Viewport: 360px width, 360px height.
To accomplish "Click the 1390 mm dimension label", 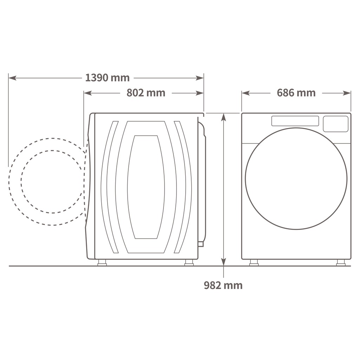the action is pyautogui.click(x=107, y=78).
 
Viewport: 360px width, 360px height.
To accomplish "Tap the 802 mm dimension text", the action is pyautogui.click(x=146, y=93).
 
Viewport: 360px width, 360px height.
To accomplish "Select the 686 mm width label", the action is pyautogui.click(x=296, y=93).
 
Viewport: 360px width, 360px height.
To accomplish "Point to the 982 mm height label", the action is pyautogui.click(x=223, y=285).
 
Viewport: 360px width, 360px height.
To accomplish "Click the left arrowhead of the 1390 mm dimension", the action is pyautogui.click(x=12, y=78).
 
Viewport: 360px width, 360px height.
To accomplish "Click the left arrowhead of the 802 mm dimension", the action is pyautogui.click(x=88, y=93).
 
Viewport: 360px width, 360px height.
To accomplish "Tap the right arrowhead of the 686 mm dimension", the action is pyautogui.click(x=347, y=93).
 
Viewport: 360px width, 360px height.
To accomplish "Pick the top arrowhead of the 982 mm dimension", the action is pyautogui.click(x=223, y=117).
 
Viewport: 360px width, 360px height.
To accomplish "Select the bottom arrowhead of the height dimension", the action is pyautogui.click(x=223, y=262).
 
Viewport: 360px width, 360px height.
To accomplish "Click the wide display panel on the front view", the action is pyautogui.click(x=295, y=121).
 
